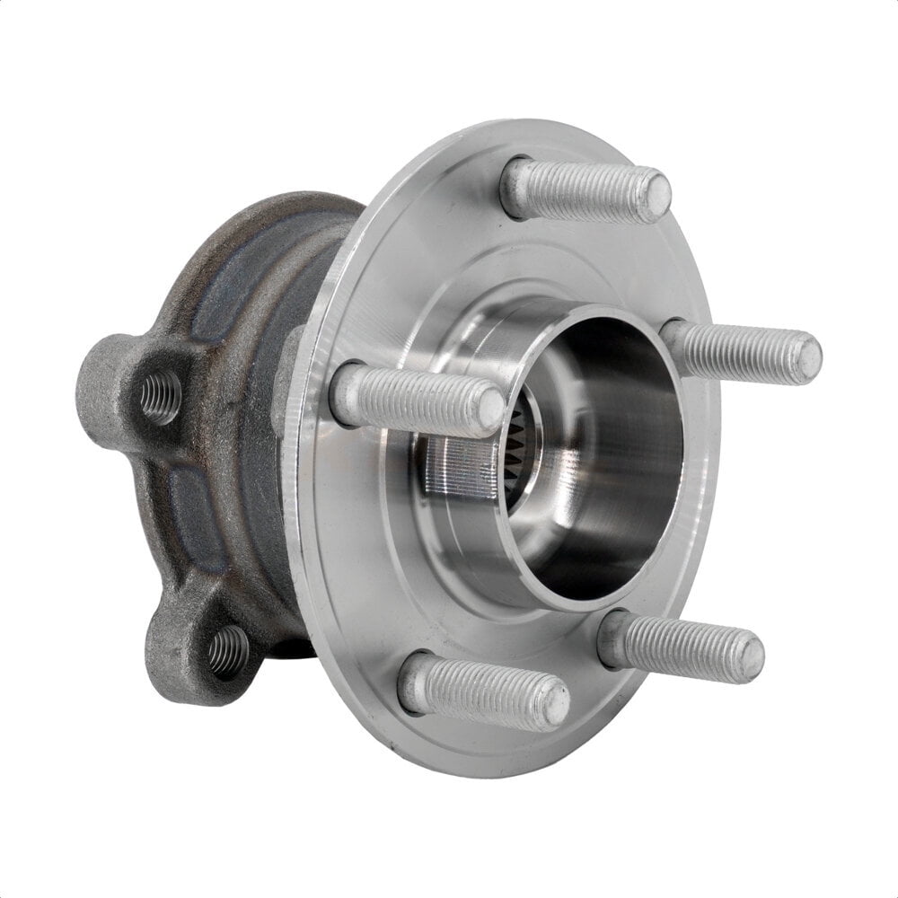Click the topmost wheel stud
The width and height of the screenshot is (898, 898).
coord(584,189)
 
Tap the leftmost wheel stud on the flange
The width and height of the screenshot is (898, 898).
coord(418,400)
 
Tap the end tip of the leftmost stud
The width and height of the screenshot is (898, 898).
coord(491,409)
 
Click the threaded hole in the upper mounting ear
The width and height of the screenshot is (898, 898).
coord(160,395)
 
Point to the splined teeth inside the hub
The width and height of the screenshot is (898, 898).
coord(521,449)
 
